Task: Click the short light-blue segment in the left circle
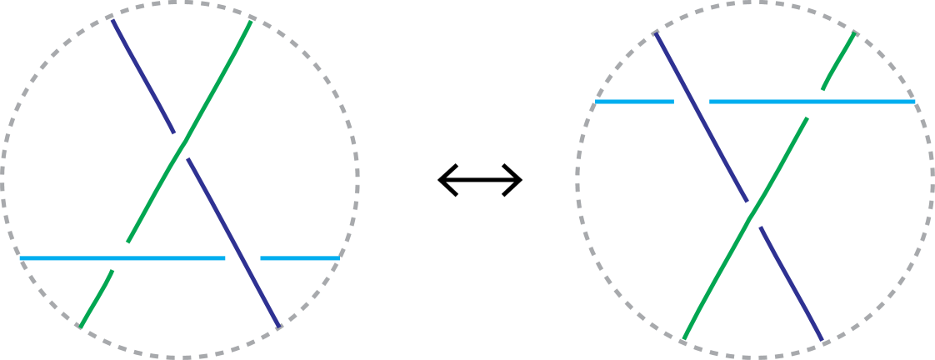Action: point(298,258)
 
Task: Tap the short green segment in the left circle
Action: point(96,297)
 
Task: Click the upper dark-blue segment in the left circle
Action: point(142,76)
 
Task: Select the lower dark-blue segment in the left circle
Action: point(233,242)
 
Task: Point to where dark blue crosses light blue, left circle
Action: point(242,258)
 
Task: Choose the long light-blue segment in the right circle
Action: point(812,102)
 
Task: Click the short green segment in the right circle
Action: point(838,61)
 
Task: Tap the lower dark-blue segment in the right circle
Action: point(792,283)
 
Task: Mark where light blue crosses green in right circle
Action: point(816,102)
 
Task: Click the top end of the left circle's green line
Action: point(252,20)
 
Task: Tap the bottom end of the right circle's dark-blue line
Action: point(822,341)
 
